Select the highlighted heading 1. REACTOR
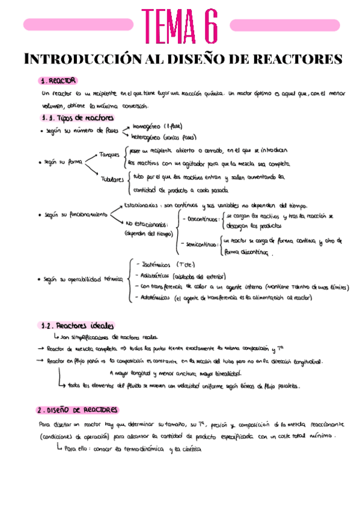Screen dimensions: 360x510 click(57, 81)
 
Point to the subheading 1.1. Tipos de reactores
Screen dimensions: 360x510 click(74, 118)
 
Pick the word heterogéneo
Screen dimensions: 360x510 click(149, 137)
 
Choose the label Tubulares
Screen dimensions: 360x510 click(112, 179)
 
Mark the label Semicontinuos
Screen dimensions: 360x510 click(200, 245)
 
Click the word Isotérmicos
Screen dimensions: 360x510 click(155, 265)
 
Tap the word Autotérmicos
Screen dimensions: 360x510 click(155, 298)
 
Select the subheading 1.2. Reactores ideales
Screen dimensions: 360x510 click(74, 325)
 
